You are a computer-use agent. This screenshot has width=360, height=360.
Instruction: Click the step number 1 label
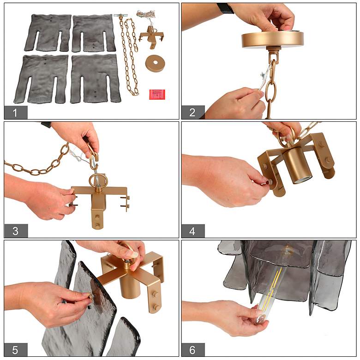click(x=15, y=113)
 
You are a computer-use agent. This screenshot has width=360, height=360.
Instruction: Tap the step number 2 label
click(x=192, y=113)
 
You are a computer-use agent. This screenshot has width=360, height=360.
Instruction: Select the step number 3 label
click(x=15, y=231)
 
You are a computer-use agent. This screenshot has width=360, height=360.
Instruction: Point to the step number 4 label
click(x=192, y=231)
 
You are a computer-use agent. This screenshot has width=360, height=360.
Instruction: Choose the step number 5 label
click(x=15, y=350)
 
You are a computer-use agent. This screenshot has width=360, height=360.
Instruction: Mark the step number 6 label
click(x=192, y=350)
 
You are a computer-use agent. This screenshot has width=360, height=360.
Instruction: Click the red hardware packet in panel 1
click(x=157, y=94)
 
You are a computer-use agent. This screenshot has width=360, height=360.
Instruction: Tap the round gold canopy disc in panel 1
click(x=155, y=63)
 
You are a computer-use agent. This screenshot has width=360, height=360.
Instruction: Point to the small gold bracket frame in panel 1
click(x=151, y=37)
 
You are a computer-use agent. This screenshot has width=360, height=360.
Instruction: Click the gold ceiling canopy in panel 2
click(x=272, y=40)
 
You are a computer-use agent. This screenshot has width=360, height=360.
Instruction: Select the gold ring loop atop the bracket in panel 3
click(x=98, y=181)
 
